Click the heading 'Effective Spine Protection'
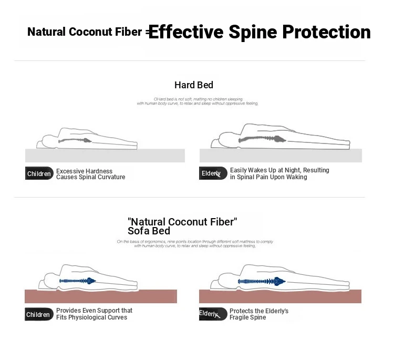tap(260, 32)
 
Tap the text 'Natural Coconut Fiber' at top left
tap(85, 32)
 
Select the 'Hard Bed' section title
tap(193, 85)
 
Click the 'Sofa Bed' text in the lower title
tap(149, 231)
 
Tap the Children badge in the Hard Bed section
tap(39, 173)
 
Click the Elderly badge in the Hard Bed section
tap(212, 173)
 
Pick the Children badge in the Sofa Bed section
tap(39, 314)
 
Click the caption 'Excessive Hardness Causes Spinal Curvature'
tap(90, 174)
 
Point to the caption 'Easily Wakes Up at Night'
tap(279, 173)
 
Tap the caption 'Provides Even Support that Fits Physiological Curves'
tap(94, 314)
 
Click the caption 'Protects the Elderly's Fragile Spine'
tap(259, 314)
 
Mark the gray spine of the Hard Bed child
tap(76, 140)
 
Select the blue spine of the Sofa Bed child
tap(77, 281)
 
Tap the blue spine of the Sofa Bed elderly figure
tap(261, 281)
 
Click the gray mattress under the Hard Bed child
tap(105, 156)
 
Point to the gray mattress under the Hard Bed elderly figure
tap(281, 156)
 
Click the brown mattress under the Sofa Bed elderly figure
tap(281, 296)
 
